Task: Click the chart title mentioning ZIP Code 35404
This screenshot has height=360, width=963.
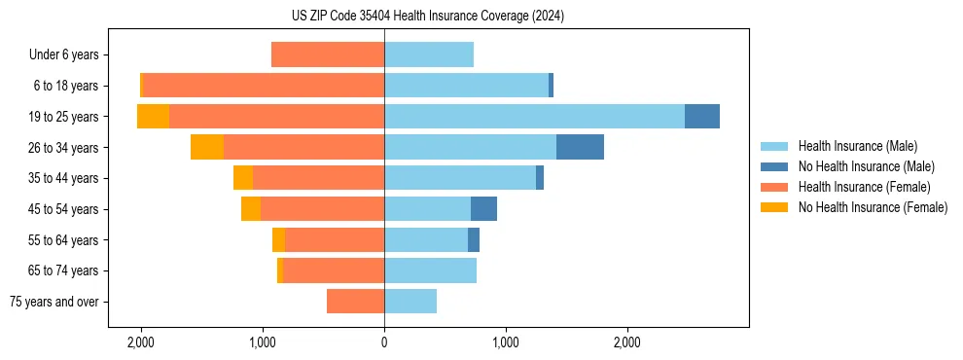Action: (x=427, y=17)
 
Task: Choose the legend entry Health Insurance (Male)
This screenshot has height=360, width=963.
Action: (x=857, y=146)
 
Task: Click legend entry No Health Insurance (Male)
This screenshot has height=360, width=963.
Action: (x=866, y=166)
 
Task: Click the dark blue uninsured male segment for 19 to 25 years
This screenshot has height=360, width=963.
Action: (x=701, y=117)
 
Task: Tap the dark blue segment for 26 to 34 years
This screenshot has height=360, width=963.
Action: (x=580, y=148)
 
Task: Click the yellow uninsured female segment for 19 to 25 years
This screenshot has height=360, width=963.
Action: (x=153, y=117)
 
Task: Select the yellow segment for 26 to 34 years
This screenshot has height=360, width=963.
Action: (x=207, y=148)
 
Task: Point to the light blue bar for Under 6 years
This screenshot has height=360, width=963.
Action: (x=429, y=55)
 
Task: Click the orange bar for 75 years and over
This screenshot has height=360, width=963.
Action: (x=355, y=302)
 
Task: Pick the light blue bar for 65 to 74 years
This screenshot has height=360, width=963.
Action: (x=430, y=270)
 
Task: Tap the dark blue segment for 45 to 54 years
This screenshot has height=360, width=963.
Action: (x=483, y=209)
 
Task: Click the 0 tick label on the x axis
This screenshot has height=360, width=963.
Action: (x=384, y=342)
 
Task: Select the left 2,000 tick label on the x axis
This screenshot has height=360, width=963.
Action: (x=141, y=342)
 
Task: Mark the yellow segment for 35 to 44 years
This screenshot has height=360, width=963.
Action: (x=243, y=178)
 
